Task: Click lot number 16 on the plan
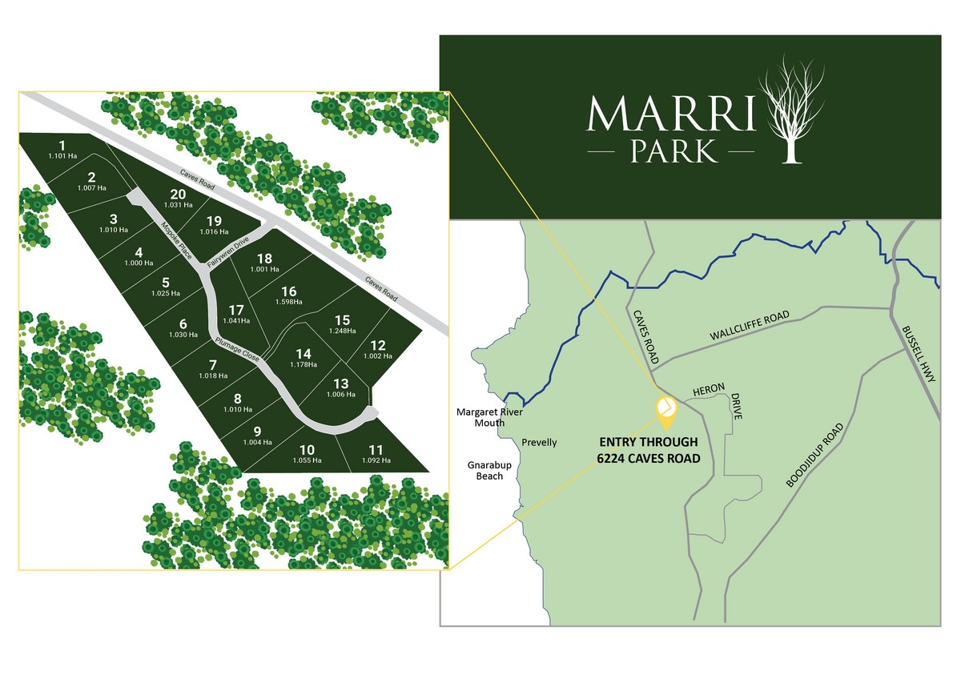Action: tap(289, 291)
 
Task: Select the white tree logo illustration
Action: tap(792, 110)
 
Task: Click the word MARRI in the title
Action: tap(671, 115)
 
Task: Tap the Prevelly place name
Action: tap(539, 443)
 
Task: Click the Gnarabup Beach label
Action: tap(486, 470)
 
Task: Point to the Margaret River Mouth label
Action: tap(480, 417)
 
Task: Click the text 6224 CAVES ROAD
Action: tap(648, 459)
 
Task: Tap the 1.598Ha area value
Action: tap(289, 303)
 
